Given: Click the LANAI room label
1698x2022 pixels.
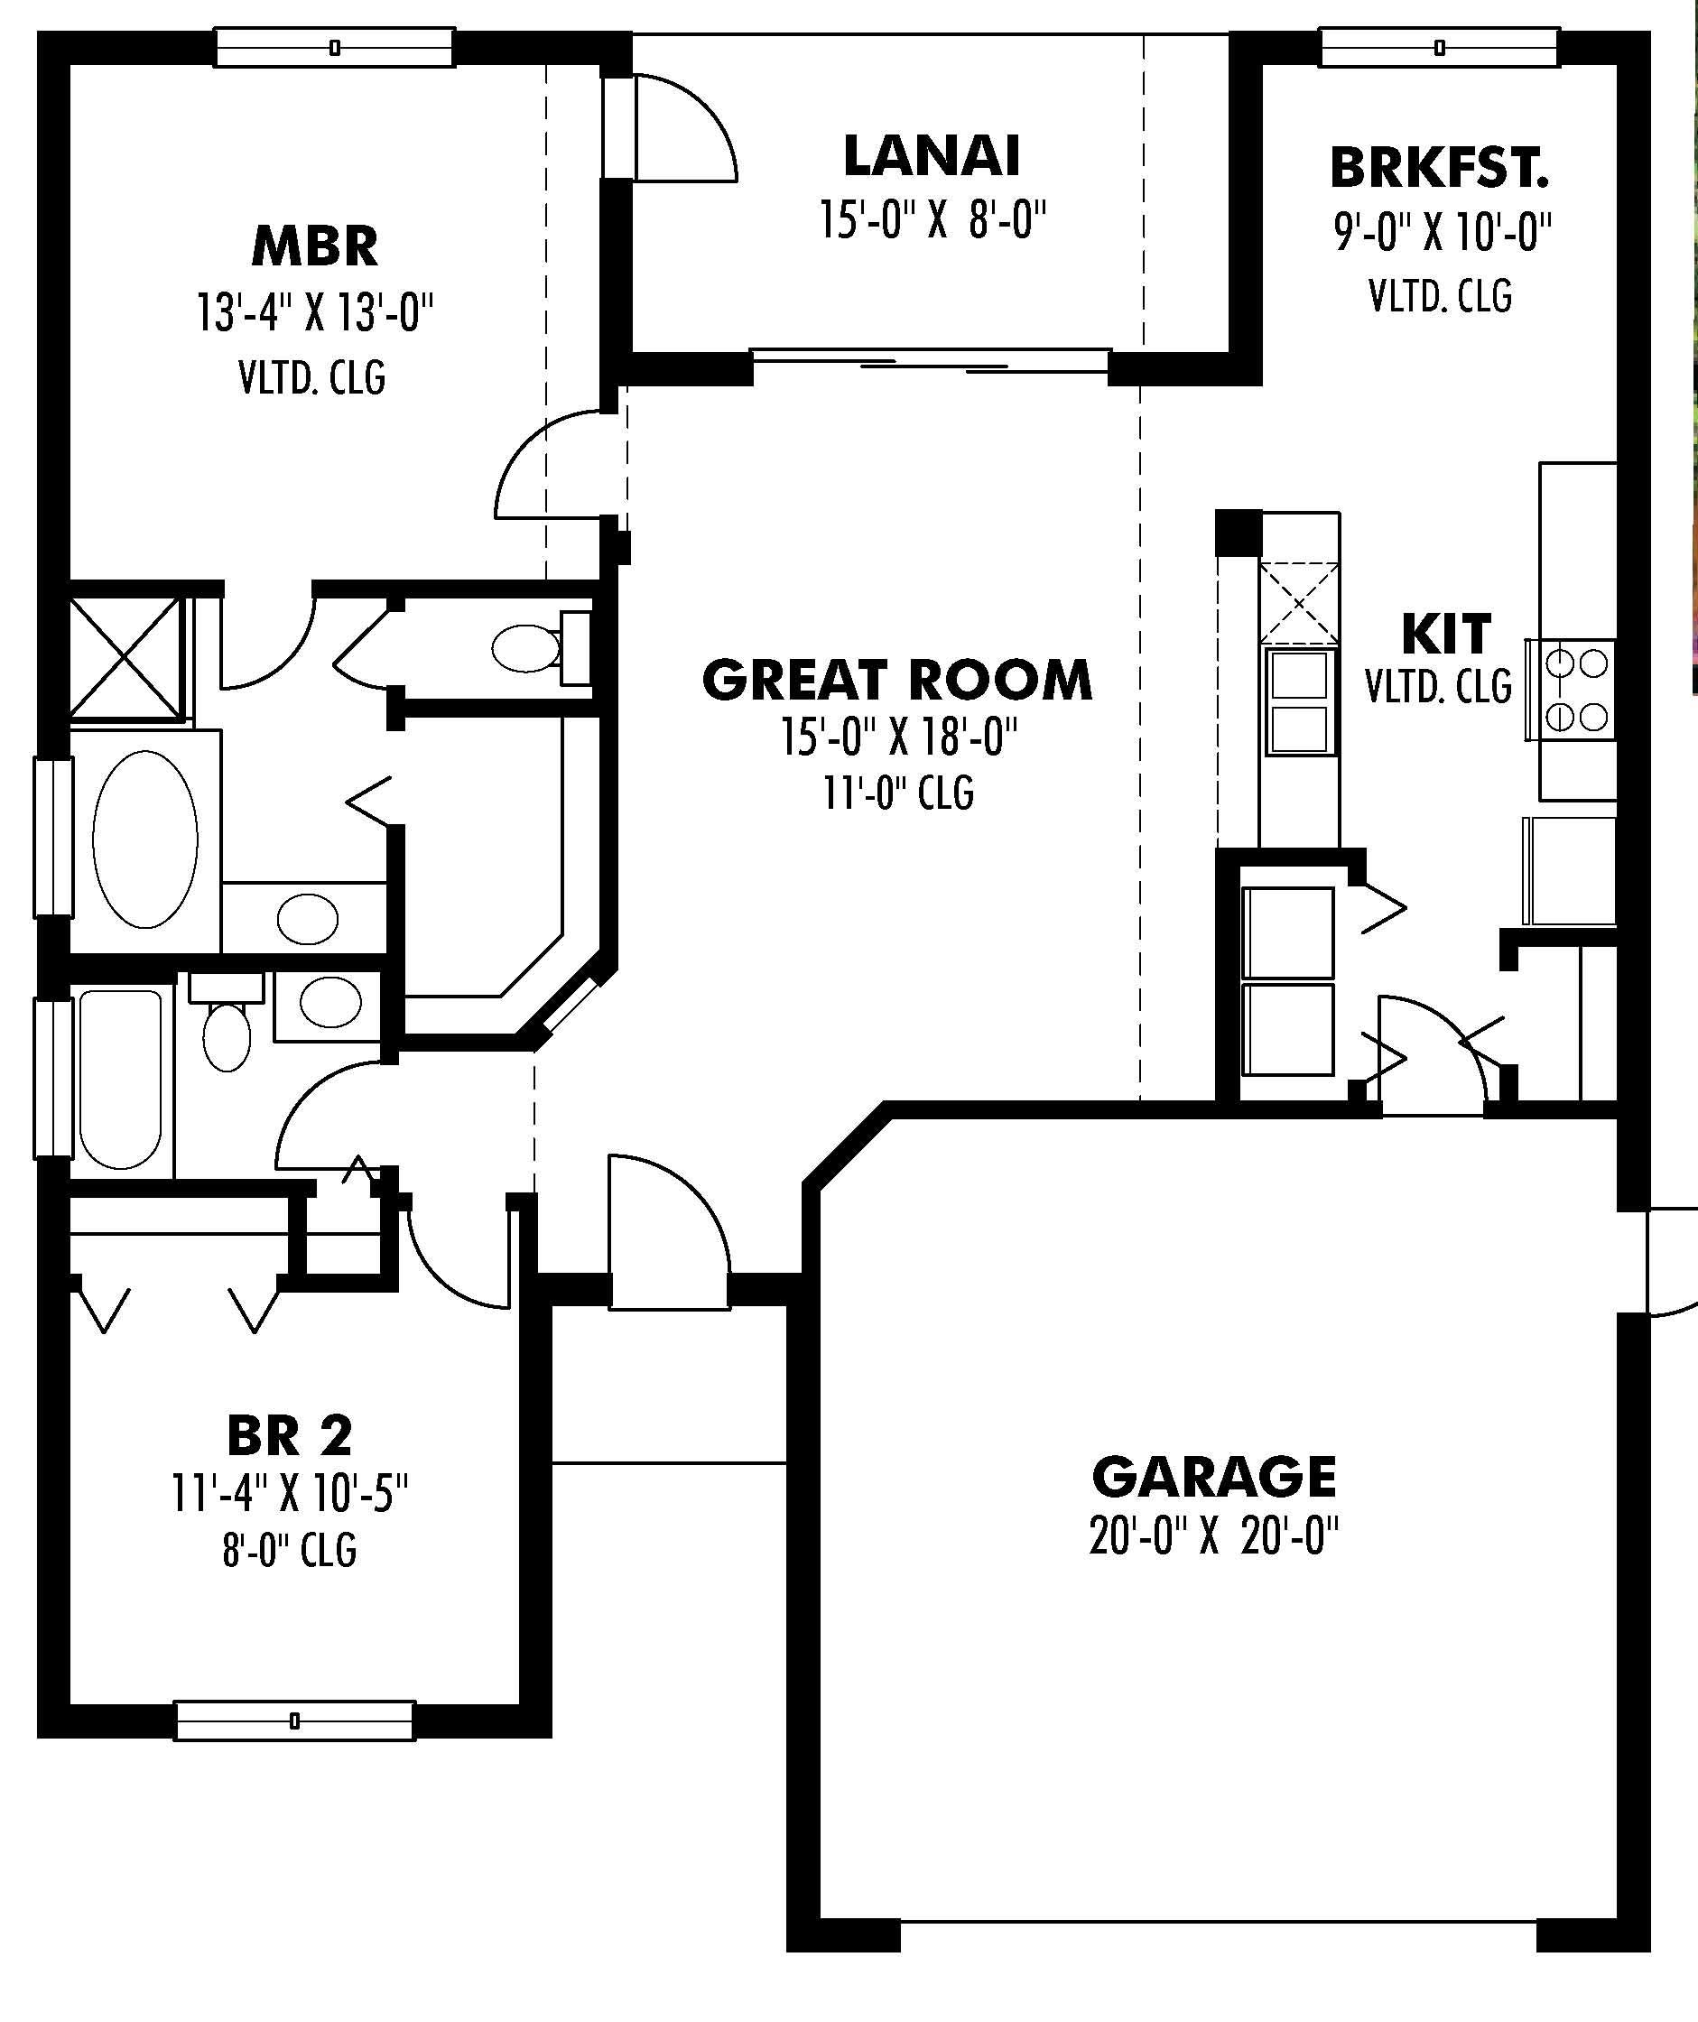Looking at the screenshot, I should click(x=931, y=157).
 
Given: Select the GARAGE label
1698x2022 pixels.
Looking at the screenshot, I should click(x=1213, y=1477).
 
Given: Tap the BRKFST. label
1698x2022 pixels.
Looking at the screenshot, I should click(x=1439, y=169).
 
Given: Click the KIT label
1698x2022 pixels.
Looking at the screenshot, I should click(x=1445, y=634).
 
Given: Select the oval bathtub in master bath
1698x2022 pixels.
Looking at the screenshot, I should click(x=145, y=839).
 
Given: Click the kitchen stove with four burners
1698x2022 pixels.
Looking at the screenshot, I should click(x=1570, y=690).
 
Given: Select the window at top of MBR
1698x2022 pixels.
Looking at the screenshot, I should click(x=333, y=47).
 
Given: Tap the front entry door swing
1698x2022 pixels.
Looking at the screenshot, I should click(x=667, y=1233).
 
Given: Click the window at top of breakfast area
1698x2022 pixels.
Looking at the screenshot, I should click(x=1439, y=47).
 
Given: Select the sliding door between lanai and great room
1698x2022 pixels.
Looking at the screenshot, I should click(x=930, y=361).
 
